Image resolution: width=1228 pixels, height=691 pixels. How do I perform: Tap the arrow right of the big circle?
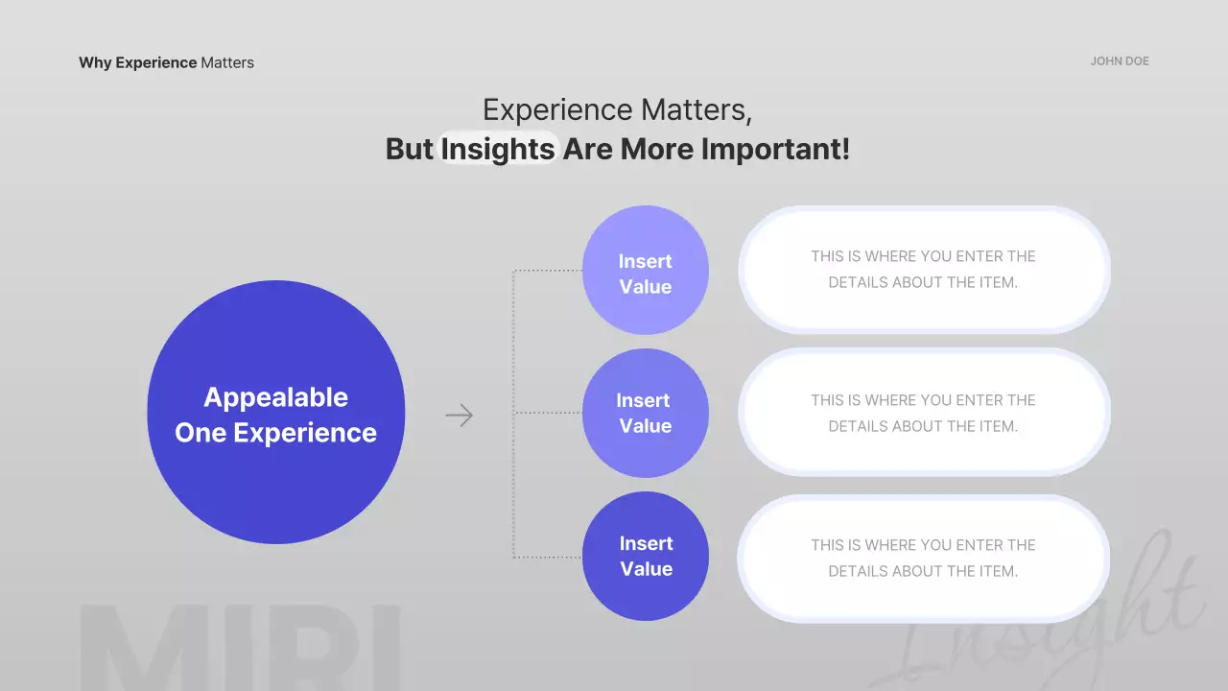pyautogui.click(x=460, y=416)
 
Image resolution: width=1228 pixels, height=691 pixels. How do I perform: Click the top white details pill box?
pyautogui.click(x=923, y=270)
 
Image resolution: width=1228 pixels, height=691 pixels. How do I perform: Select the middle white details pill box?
pyautogui.click(x=923, y=413)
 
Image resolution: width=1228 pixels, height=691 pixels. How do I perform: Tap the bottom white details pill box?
pyautogui.click(x=923, y=558)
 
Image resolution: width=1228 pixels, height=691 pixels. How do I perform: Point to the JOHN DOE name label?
pyautogui.click(x=1120, y=61)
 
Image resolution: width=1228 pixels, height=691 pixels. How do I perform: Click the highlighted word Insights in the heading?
pyautogui.click(x=498, y=149)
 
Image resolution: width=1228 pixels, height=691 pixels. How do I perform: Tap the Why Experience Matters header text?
pyautogui.click(x=166, y=62)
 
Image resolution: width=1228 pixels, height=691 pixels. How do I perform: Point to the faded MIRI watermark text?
pyautogui.click(x=240, y=648)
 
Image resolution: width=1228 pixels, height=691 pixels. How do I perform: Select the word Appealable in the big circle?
pyautogui.click(x=275, y=397)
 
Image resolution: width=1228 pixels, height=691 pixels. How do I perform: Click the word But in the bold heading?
pyautogui.click(x=410, y=149)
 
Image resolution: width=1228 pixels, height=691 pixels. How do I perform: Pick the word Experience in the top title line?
pyautogui.click(x=556, y=109)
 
